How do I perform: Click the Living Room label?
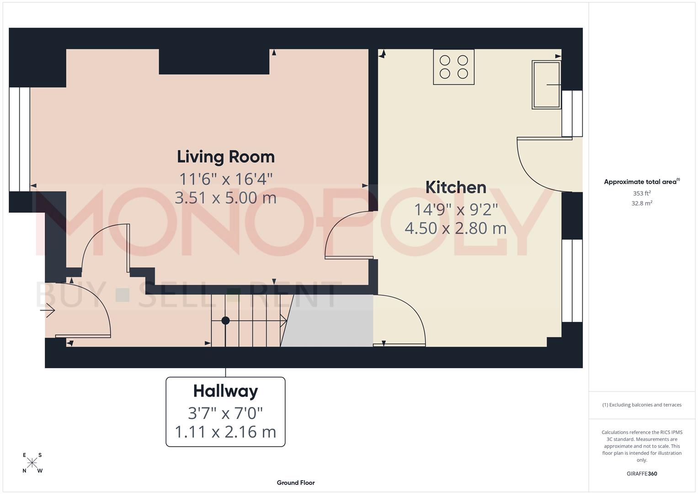[226, 157]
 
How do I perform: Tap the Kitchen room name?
[455, 187]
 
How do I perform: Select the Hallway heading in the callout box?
[225, 391]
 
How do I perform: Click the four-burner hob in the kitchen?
[453, 67]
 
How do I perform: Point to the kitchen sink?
[546, 85]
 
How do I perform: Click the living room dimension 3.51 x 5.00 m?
[226, 198]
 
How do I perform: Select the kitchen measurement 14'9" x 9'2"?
[455, 209]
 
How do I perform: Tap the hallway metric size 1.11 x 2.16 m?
[225, 432]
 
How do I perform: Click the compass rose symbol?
[32, 463]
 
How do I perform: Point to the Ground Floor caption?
[296, 483]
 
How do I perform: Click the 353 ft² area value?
[642, 193]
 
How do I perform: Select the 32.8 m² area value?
[642, 204]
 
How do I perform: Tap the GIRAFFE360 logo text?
[642, 473]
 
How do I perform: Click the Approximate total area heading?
[642, 182]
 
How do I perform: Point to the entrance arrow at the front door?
[48, 311]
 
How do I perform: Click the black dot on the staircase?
[225, 321]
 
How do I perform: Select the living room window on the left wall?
[20, 139]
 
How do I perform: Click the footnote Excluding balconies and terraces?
[642, 405]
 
